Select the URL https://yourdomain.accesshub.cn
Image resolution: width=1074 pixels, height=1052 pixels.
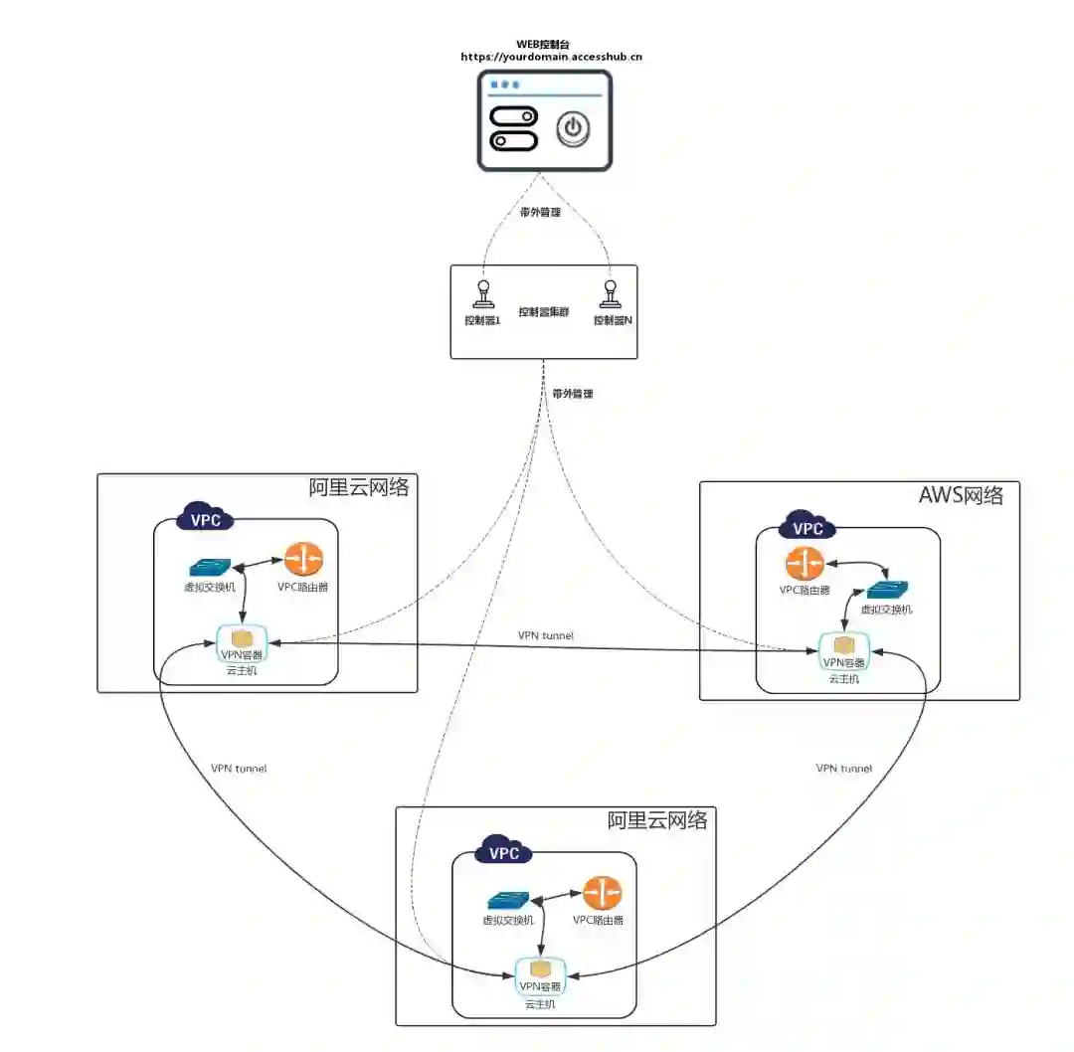pyautogui.click(x=551, y=57)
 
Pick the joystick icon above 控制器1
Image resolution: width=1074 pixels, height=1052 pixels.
pyautogui.click(x=483, y=297)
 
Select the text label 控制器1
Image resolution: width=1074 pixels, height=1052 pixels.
pyautogui.click(x=483, y=320)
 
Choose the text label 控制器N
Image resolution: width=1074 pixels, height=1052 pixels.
pyautogui.click(x=614, y=320)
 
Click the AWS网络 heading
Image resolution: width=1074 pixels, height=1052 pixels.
pyautogui.click(x=962, y=495)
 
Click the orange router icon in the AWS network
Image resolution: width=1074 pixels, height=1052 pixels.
pyautogui.click(x=803, y=565)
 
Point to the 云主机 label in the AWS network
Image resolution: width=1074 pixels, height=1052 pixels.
pyautogui.click(x=844, y=678)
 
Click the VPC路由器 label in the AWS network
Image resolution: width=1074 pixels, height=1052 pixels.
pyautogui.click(x=805, y=590)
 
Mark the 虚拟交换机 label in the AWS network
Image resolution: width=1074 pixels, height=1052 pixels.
pyautogui.click(x=886, y=610)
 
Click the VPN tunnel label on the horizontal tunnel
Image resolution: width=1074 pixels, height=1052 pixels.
pyautogui.click(x=545, y=634)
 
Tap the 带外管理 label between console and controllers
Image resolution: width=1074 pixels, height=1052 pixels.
pyautogui.click(x=541, y=211)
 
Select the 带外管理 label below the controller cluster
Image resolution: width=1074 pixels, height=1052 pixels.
pyautogui.click(x=573, y=394)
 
